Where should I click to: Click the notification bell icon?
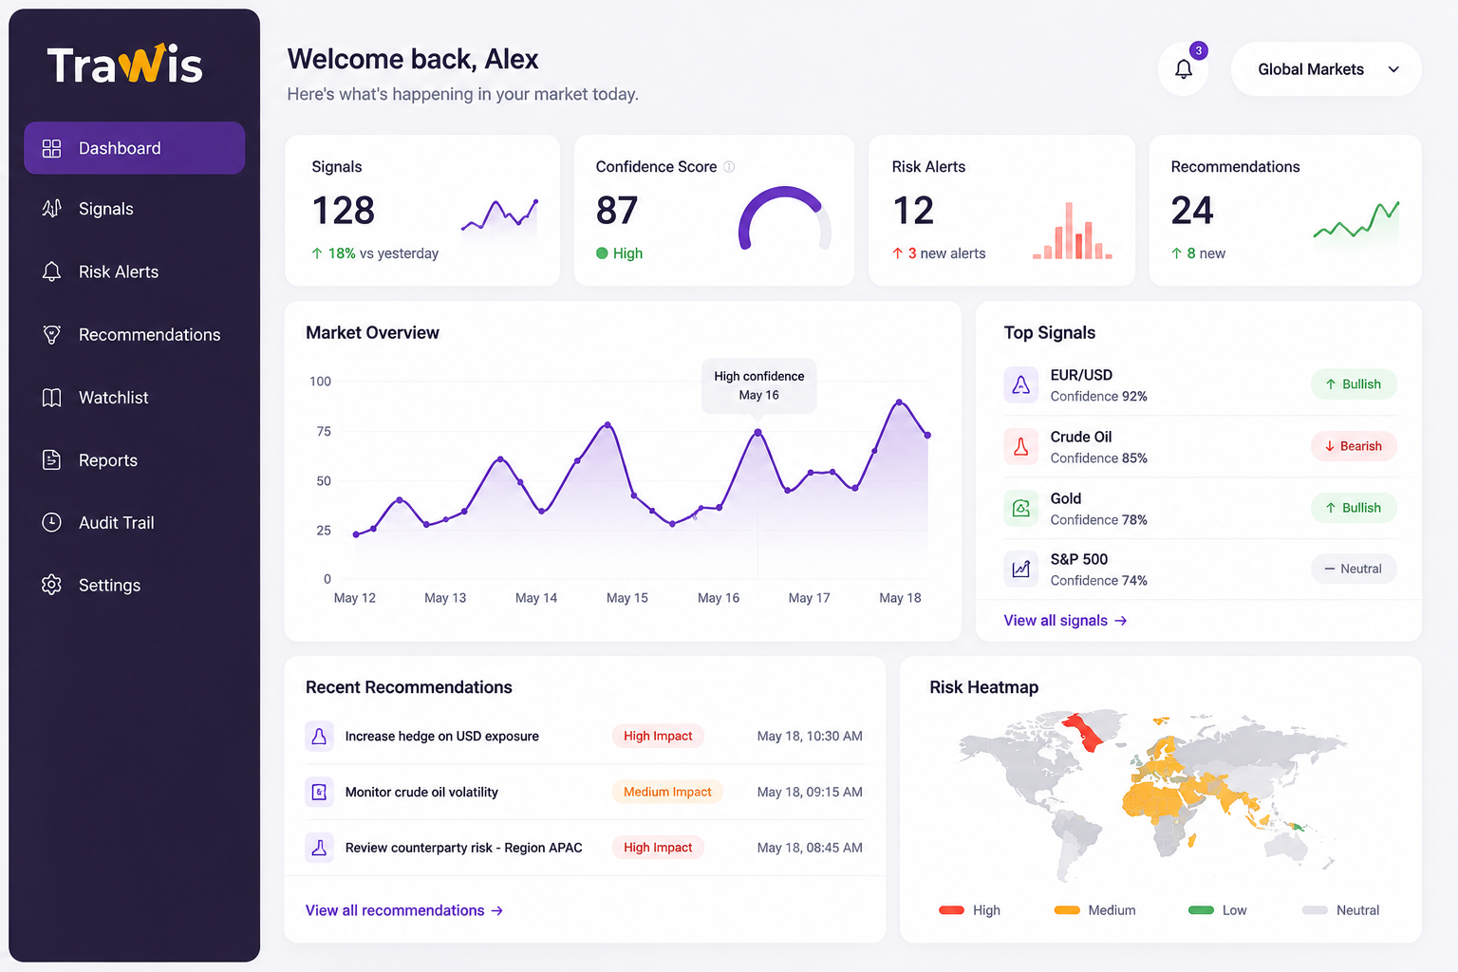pos(1184,68)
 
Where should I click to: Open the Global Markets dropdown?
pos(1326,69)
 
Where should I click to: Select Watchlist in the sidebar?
pos(113,397)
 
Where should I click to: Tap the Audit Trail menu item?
pos(116,522)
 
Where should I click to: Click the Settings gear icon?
pos(51,585)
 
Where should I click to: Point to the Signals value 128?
pos(343,211)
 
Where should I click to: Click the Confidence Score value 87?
pos(616,211)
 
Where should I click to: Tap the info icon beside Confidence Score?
pos(729,167)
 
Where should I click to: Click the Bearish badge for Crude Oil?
pos(1354,446)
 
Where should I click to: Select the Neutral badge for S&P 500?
pos(1354,569)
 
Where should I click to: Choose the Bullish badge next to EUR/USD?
pos(1354,384)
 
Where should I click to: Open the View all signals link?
pos(1065,621)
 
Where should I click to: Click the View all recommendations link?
pos(403,910)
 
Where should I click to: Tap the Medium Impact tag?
pos(667,792)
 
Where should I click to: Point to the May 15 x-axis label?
pos(626,598)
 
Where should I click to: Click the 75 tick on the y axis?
pos(324,431)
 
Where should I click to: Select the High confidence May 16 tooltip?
pos(759,385)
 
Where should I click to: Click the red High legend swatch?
pos(952,910)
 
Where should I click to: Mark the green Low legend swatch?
pos(1201,910)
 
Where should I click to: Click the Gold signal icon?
pos(1020,508)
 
